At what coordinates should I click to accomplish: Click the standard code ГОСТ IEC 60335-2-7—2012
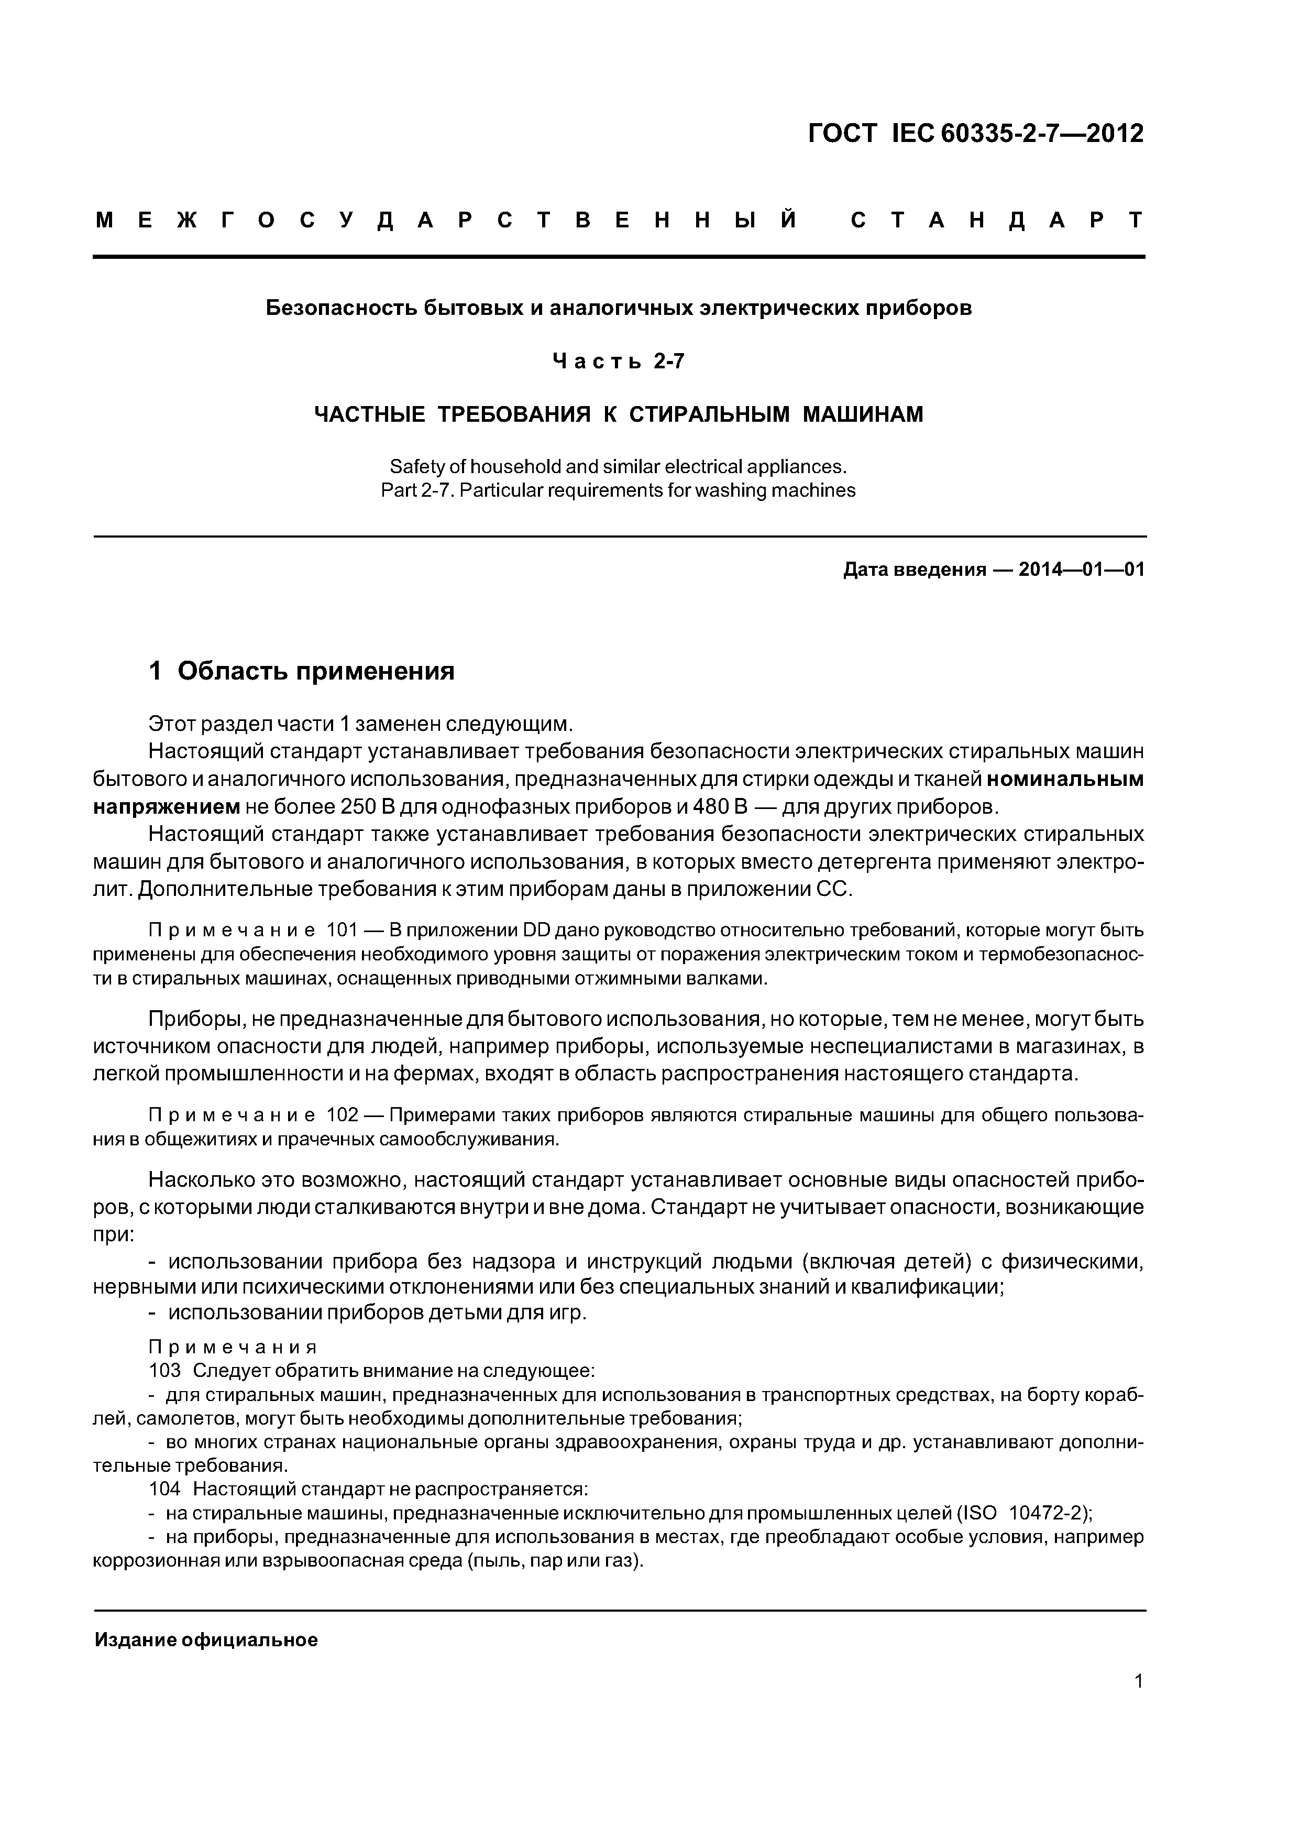click(976, 134)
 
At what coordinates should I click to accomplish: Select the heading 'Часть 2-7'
click(618, 362)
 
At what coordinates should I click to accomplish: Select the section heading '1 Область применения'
click(302, 671)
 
